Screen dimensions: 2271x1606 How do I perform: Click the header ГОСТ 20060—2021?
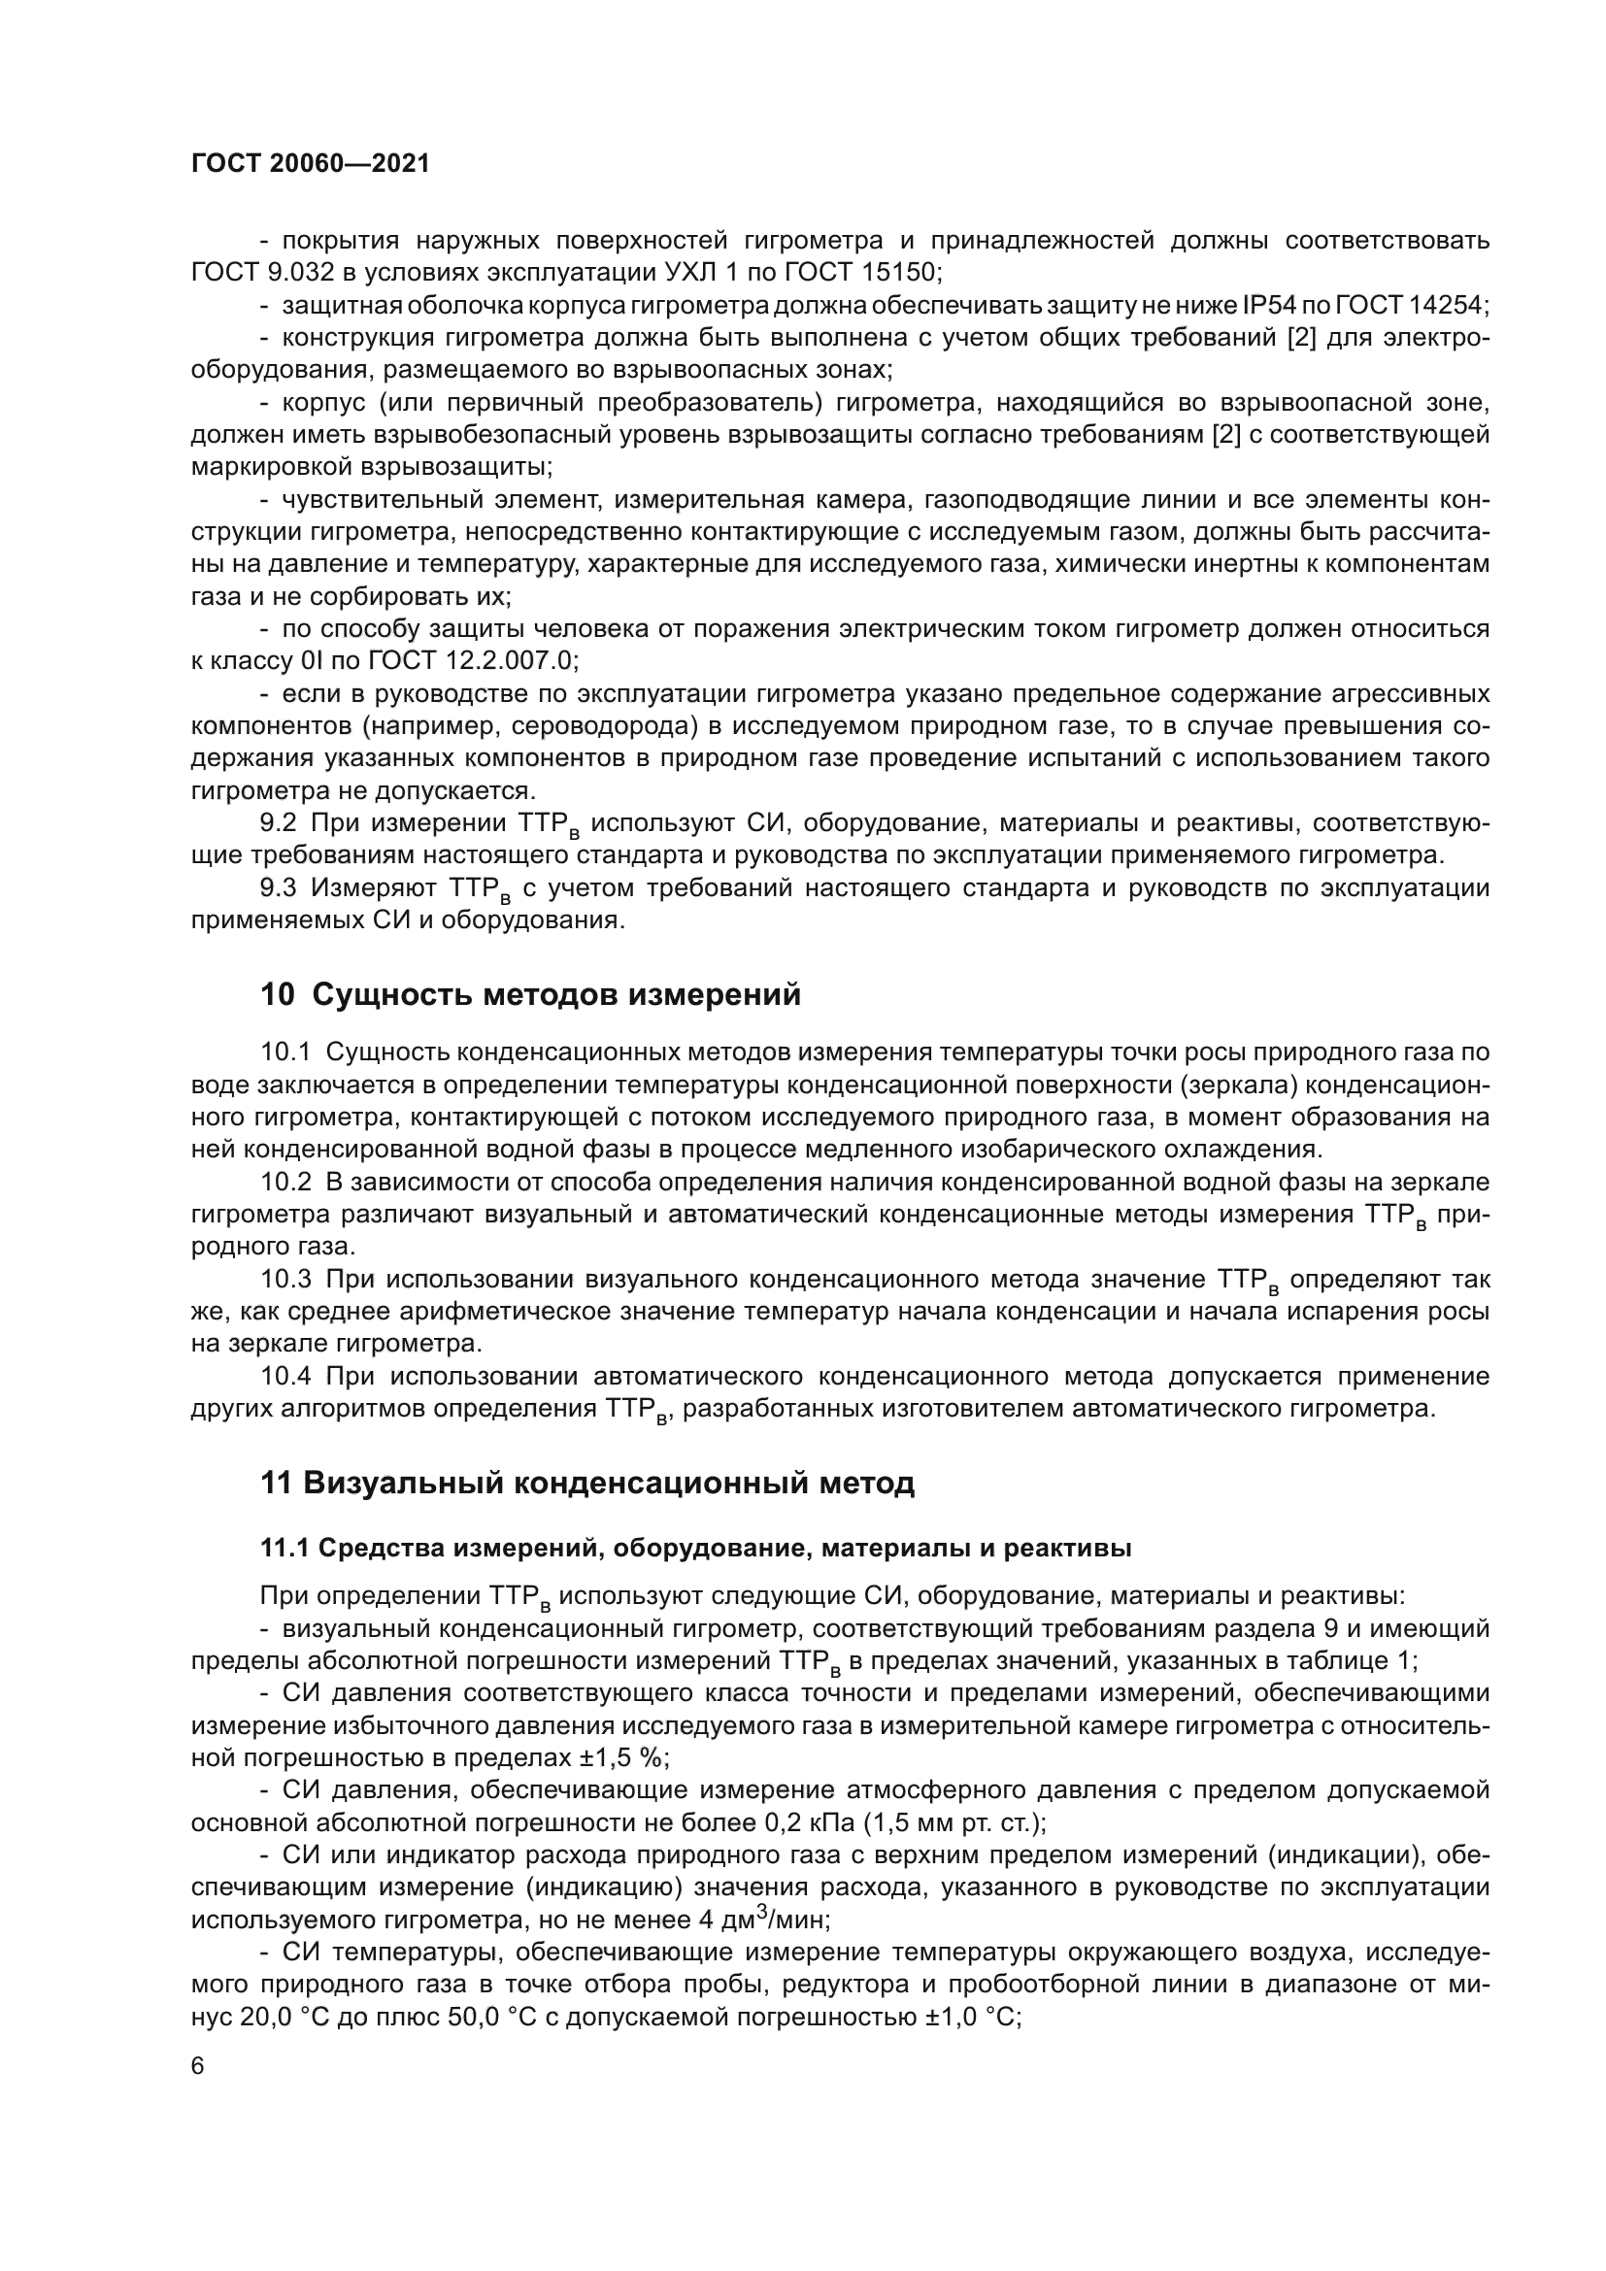311,164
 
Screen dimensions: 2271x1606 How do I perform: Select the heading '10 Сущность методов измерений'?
530,995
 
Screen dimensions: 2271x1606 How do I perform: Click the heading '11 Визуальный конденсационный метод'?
587,1484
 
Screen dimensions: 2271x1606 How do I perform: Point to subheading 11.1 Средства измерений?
695,1548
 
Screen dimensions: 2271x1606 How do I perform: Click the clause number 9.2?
279,823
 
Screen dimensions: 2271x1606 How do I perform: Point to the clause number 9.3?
279,888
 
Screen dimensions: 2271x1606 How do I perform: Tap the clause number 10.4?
285,1377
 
